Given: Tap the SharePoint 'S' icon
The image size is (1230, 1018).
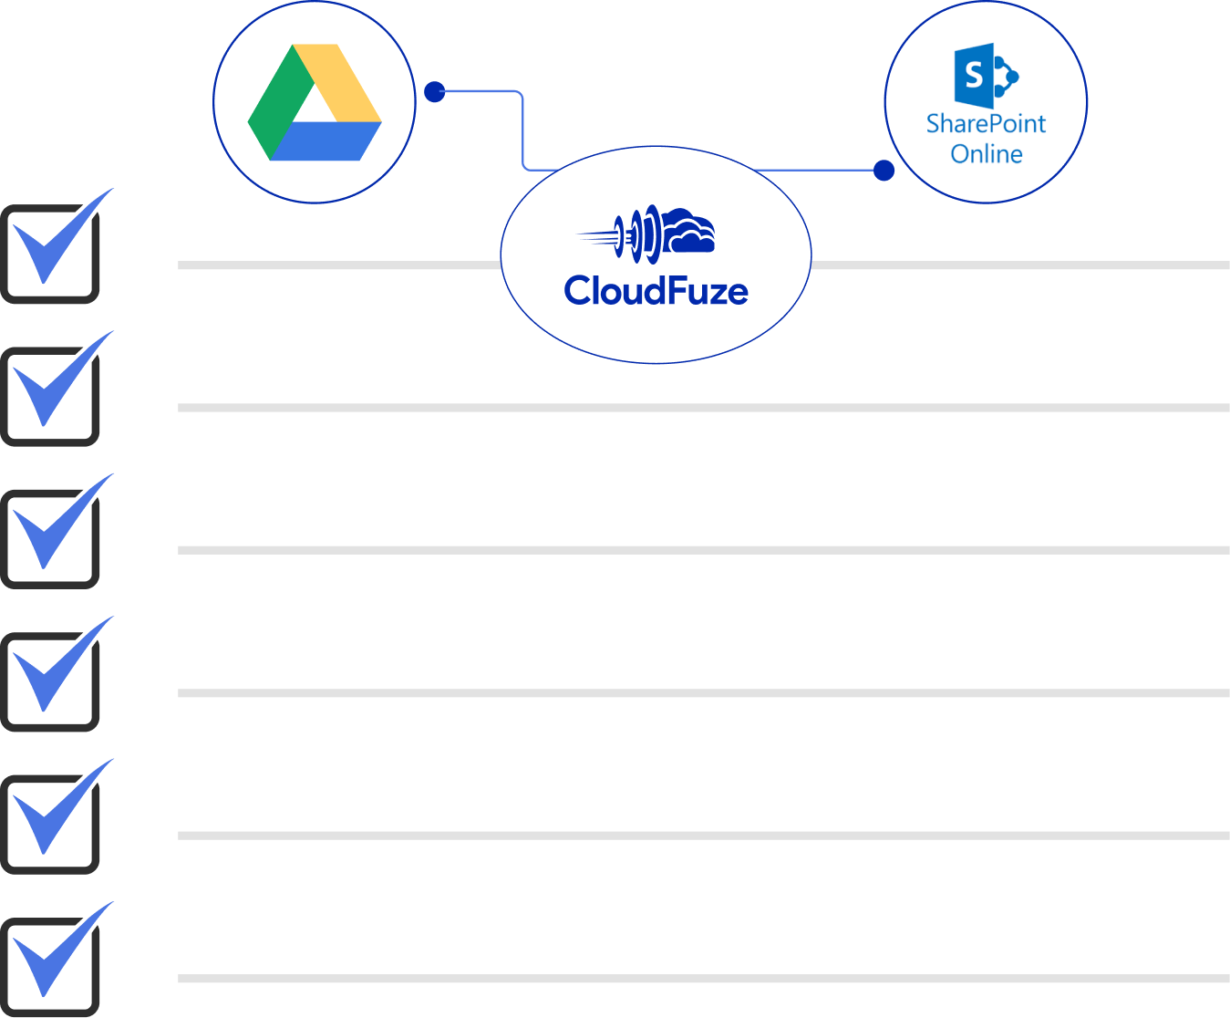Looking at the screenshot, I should coord(975,75).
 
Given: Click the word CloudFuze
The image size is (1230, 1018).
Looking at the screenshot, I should coord(656,291).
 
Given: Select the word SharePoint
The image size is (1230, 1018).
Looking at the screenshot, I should coord(986,124).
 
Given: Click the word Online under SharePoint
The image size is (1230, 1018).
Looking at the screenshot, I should coord(986,154).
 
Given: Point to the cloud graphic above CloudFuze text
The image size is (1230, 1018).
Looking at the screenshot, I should coord(687,232).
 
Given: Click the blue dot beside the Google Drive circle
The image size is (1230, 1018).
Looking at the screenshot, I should coord(435,92).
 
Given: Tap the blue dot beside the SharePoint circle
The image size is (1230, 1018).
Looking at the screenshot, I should coord(884,171).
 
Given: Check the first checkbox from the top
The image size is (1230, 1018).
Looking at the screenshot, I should coord(51,254).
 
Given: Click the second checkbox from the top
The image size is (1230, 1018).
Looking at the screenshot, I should coord(51,396).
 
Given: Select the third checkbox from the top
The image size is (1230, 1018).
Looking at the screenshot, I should coord(51,538).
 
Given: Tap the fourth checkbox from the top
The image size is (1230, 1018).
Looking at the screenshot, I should coord(51,681).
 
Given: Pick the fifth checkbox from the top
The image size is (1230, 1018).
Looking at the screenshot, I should coord(51,824).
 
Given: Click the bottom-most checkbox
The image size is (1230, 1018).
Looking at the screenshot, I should coord(51,967).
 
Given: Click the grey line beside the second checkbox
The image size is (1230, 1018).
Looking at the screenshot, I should coord(702,408).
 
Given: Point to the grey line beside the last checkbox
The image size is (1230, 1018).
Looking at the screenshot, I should coord(702,979).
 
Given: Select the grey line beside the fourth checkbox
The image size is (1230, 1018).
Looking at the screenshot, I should coord(702,693).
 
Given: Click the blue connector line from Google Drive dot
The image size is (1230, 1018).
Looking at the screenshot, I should coord(522,128).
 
